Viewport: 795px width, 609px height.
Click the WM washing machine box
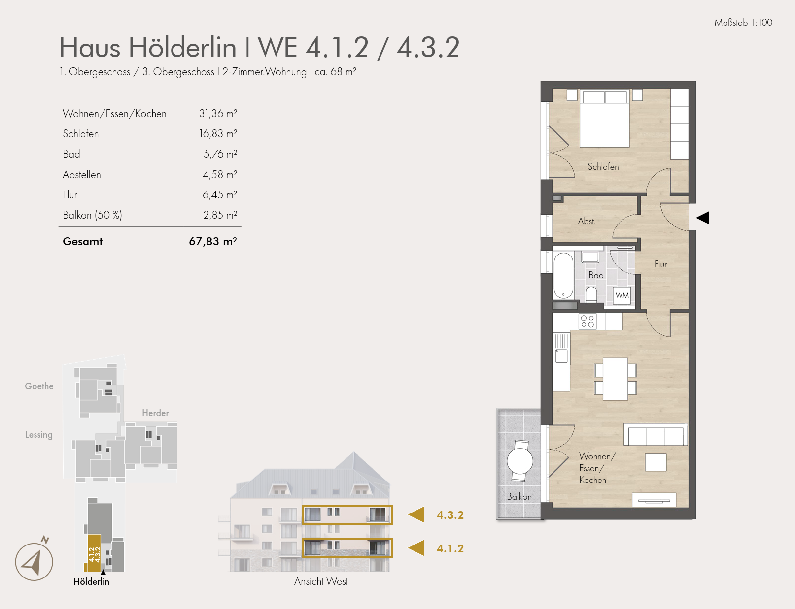pos(622,295)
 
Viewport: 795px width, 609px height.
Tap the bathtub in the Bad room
pos(563,275)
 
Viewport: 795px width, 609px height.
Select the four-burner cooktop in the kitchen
pos(587,321)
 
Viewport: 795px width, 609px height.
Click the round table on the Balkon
pos(519,461)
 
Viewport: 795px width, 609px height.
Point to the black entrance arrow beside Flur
pos(702,218)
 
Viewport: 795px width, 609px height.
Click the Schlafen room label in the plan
pos(603,167)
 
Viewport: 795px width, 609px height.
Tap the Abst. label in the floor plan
pos(587,221)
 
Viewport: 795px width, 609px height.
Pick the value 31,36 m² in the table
pos(218,114)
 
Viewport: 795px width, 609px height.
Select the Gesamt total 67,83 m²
pos(212,241)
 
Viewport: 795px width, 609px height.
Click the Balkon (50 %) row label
pos(92,215)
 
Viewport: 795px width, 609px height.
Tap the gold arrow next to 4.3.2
pos(416,514)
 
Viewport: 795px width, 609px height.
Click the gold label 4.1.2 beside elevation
pos(449,548)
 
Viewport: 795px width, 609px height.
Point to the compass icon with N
pos(34,561)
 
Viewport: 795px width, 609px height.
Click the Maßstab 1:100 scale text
pos(743,23)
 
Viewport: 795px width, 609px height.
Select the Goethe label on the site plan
pos(39,386)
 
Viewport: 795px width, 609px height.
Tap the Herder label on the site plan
pos(155,413)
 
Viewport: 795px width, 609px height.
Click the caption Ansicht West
pos(321,581)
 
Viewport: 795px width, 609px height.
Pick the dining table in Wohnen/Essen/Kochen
pos(615,379)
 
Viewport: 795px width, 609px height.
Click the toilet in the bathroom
pos(591,295)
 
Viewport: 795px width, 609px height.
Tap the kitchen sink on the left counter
pos(561,355)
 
